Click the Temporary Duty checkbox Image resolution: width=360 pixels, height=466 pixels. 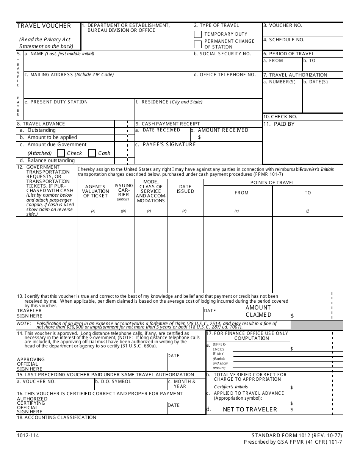[198, 34]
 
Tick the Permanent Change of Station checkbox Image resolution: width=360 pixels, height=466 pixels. [198, 44]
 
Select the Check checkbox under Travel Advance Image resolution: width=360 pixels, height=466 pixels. [61, 153]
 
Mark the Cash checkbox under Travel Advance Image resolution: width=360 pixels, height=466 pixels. [92, 153]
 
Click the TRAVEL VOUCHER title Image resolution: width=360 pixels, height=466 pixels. [44, 26]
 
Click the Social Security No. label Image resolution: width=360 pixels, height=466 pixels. [222, 54]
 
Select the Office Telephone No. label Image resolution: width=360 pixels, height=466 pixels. [225, 75]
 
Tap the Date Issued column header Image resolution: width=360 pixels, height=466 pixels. [185, 189]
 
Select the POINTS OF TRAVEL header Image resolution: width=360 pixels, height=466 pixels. [272, 183]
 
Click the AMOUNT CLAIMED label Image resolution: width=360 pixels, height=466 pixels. [258, 311]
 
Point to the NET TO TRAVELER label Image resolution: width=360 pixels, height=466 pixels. [250, 410]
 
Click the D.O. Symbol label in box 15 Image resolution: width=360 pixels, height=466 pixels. [113, 382]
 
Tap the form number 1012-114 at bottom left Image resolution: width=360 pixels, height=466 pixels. [28, 435]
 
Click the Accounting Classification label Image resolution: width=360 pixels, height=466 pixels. [56, 418]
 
